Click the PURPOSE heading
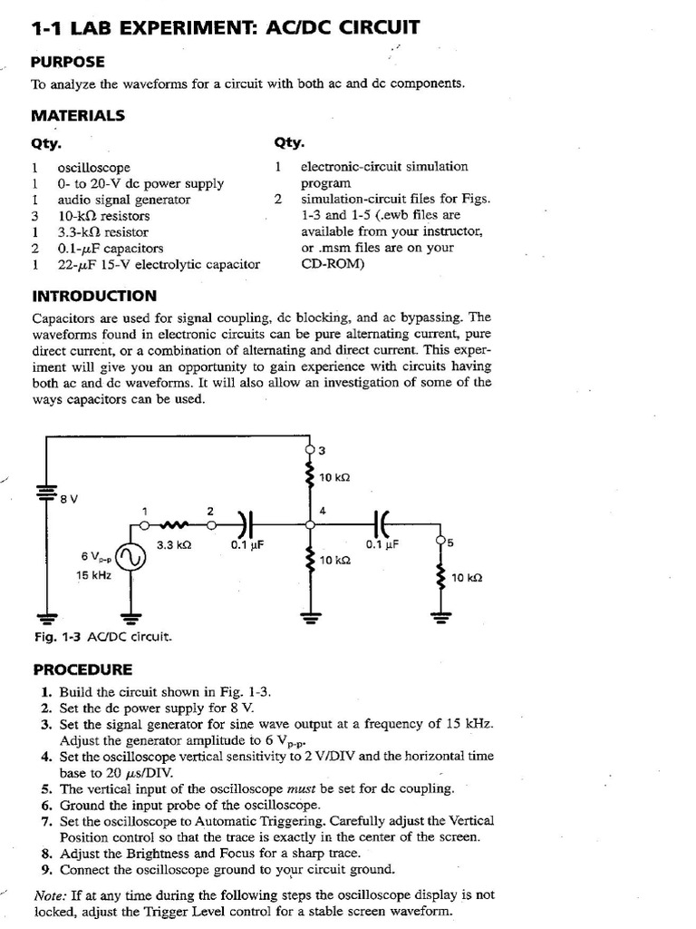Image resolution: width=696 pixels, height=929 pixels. (x=68, y=62)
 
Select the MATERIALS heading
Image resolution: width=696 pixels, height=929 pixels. (x=78, y=115)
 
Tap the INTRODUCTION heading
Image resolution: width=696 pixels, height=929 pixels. (x=94, y=296)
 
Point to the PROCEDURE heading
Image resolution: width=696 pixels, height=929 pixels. (x=82, y=670)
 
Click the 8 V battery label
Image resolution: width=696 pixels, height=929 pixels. (x=69, y=498)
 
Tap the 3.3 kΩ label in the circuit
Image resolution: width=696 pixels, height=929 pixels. (x=174, y=545)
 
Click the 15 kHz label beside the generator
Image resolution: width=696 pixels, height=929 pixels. (x=93, y=575)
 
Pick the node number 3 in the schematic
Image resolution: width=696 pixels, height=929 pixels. (x=322, y=451)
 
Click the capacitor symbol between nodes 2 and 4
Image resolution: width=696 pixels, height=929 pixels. (x=245, y=523)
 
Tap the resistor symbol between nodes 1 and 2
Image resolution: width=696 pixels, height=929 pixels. (x=175, y=523)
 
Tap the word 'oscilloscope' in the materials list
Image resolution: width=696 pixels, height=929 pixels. (x=94, y=168)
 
